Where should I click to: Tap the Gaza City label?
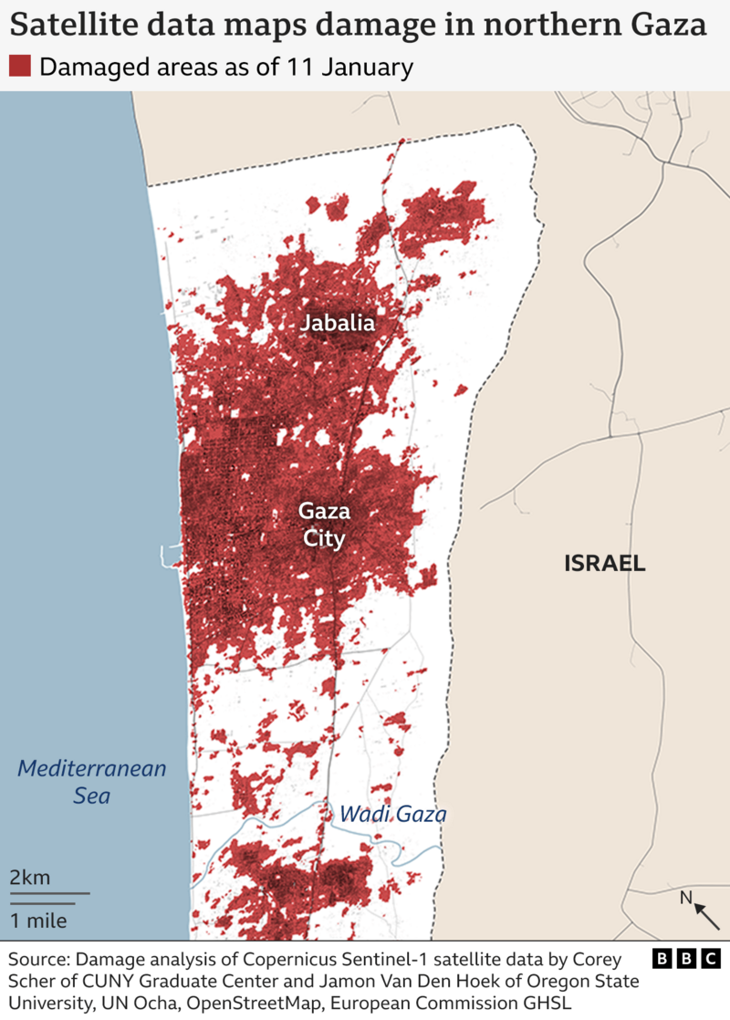[324, 525]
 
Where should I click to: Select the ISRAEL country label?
[604, 564]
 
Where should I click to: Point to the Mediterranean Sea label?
[92, 782]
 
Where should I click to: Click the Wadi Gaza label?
[392, 814]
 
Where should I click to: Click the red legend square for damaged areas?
[19, 67]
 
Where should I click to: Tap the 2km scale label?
[30, 878]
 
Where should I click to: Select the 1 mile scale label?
[38, 920]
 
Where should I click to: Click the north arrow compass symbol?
[700, 908]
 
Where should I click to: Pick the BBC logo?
[687, 960]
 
